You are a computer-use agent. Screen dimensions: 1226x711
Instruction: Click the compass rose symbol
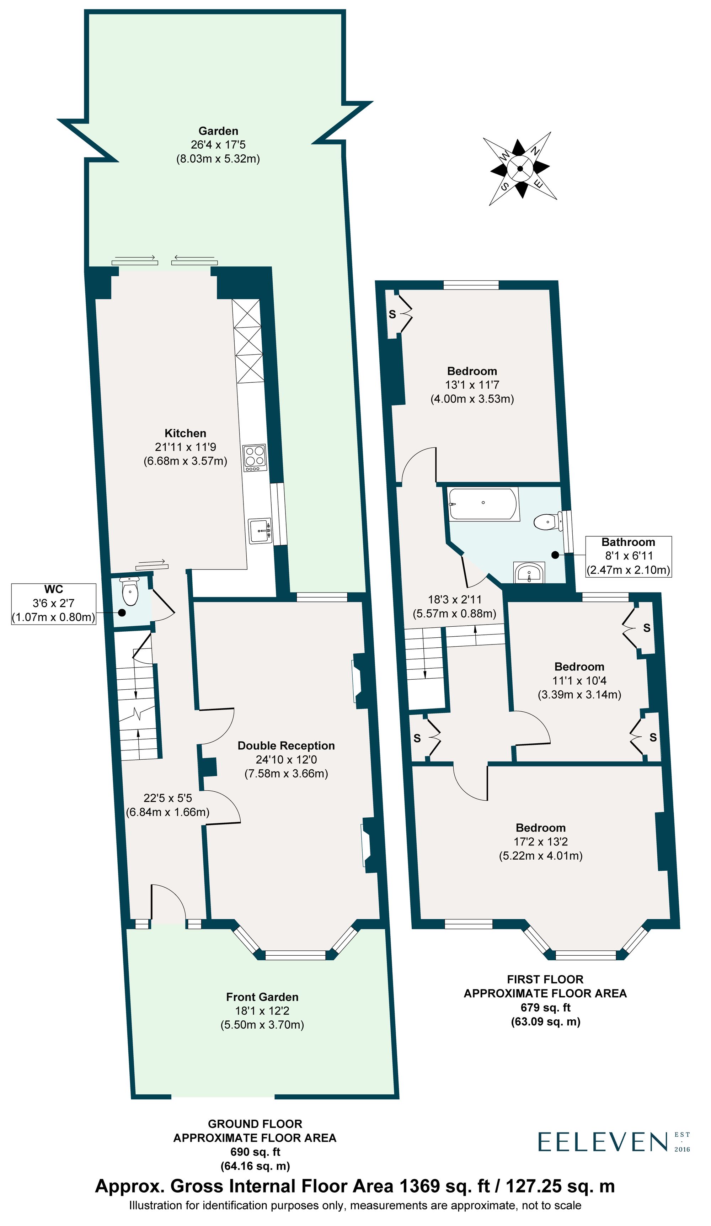tap(519, 168)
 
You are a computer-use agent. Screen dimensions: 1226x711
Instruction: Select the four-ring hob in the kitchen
tap(254, 457)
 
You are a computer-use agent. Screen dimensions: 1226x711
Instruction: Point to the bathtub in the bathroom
tap(482, 504)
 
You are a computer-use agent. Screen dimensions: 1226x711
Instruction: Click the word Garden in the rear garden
tap(218, 131)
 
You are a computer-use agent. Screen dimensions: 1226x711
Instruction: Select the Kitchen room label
tap(185, 433)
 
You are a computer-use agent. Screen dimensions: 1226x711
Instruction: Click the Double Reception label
tap(286, 745)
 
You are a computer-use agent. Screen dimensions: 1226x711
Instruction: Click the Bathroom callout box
tap(628, 556)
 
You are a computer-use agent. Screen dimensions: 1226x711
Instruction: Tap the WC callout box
tap(53, 603)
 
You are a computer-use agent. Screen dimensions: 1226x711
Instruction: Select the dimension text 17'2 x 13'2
tap(540, 841)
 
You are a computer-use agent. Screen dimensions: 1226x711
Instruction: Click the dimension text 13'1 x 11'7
tap(472, 385)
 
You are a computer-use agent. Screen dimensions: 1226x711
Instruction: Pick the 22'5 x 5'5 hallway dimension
tap(167, 798)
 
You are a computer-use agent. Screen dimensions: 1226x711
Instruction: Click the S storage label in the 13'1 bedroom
tap(392, 314)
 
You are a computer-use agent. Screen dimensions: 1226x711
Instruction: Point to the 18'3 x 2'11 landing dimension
tap(454, 599)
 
